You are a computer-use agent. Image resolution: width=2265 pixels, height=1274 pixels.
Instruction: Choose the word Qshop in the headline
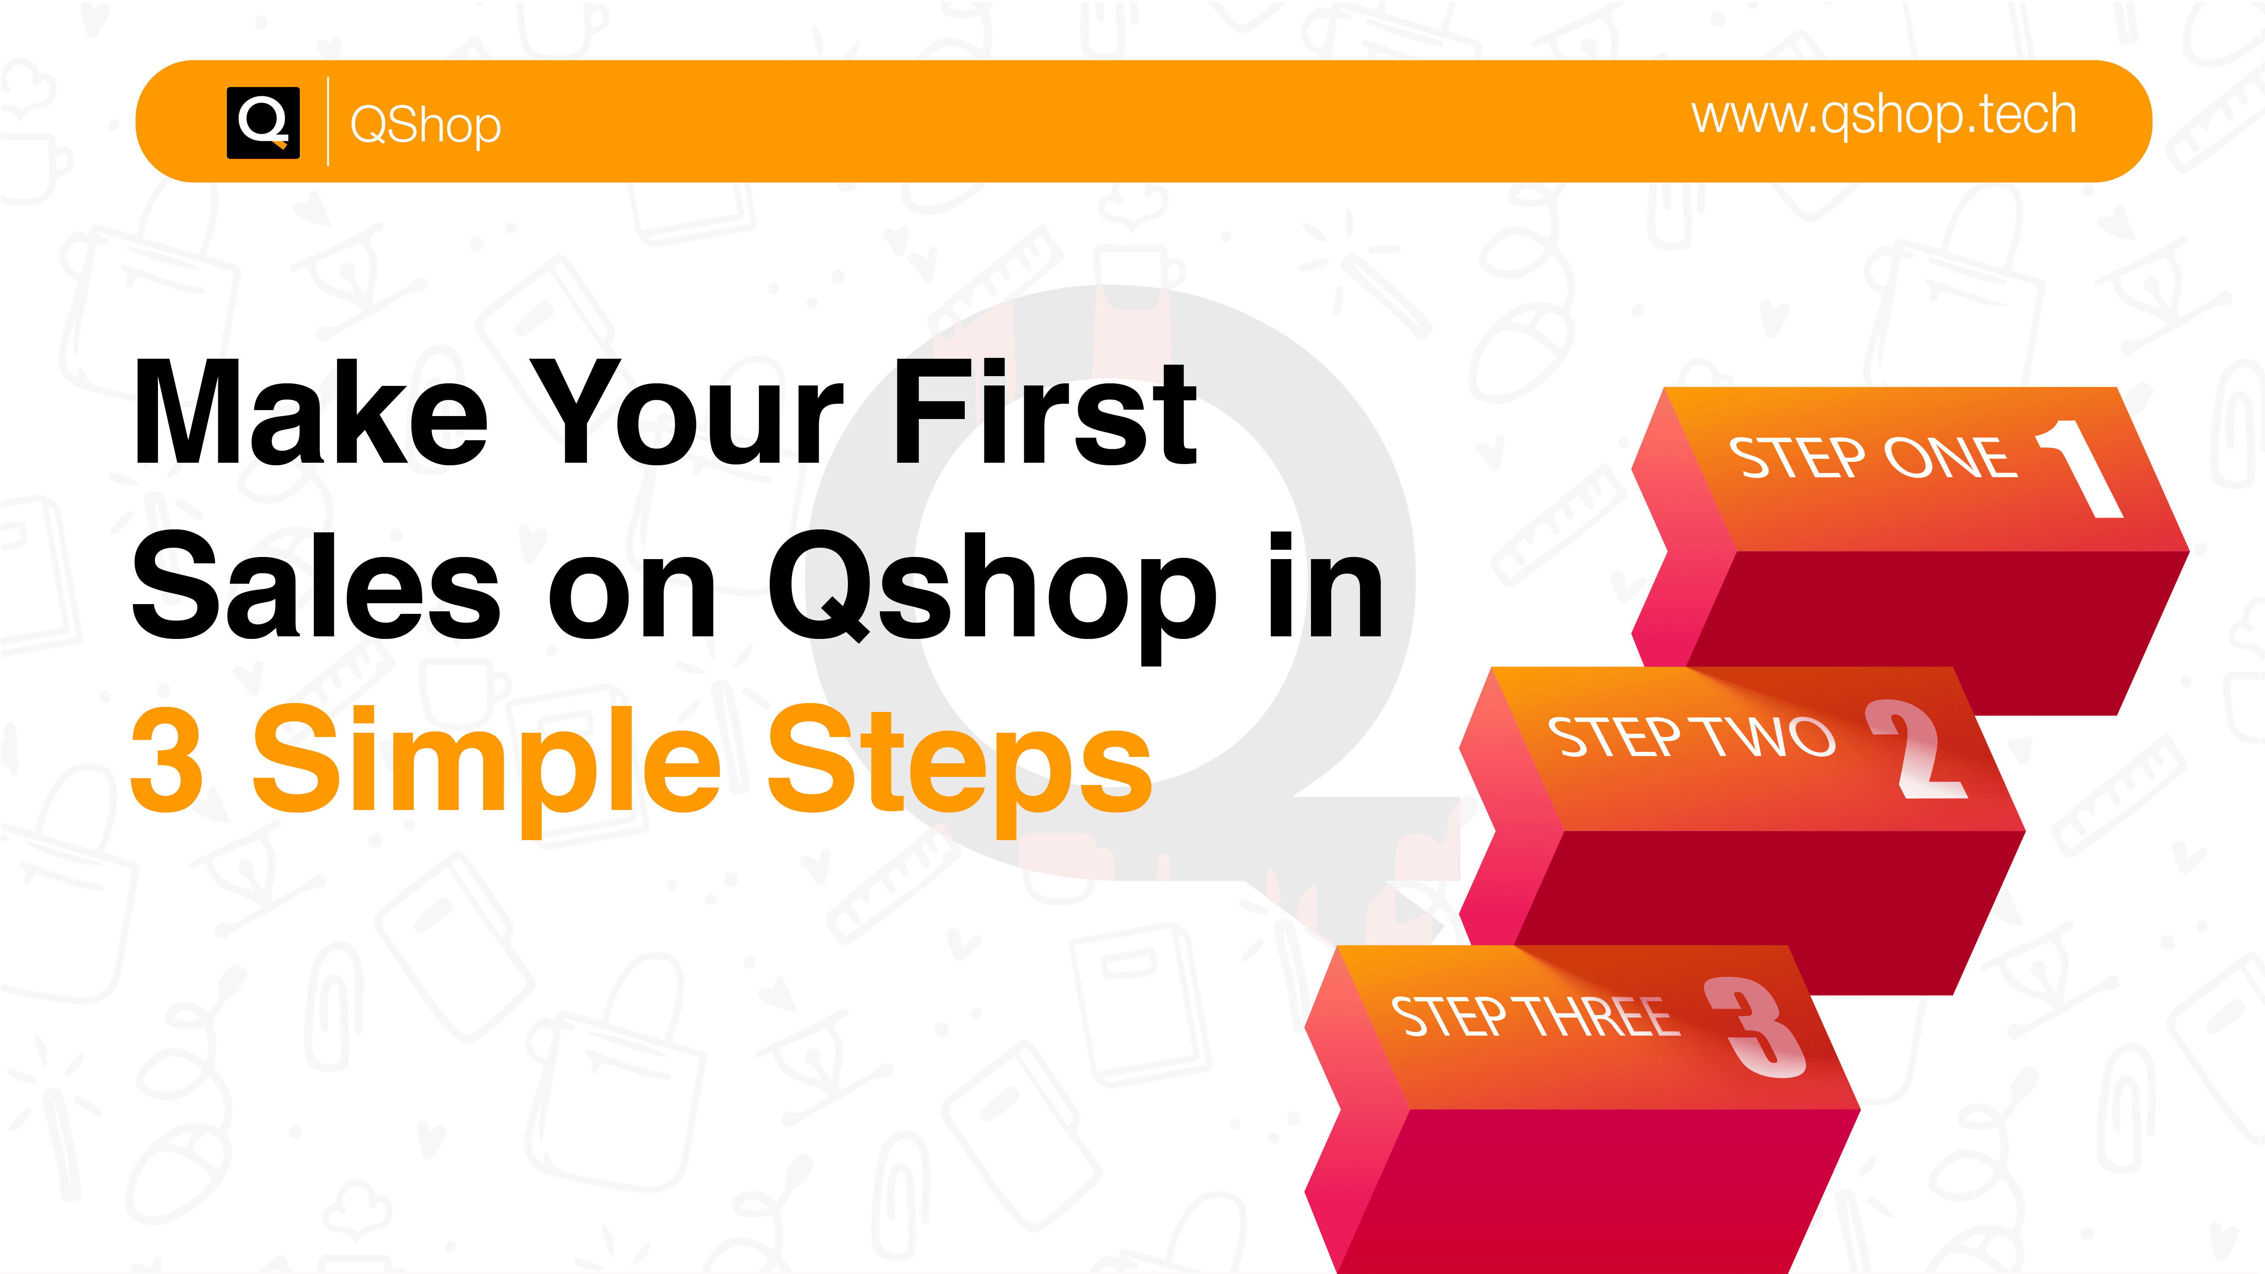(x=994, y=593)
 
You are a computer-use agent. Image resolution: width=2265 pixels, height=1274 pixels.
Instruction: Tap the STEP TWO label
(x=1691, y=737)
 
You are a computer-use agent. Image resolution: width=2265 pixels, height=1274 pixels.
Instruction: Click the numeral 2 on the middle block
(x=1917, y=749)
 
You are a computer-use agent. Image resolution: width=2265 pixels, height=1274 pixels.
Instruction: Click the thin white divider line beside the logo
(x=328, y=121)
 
